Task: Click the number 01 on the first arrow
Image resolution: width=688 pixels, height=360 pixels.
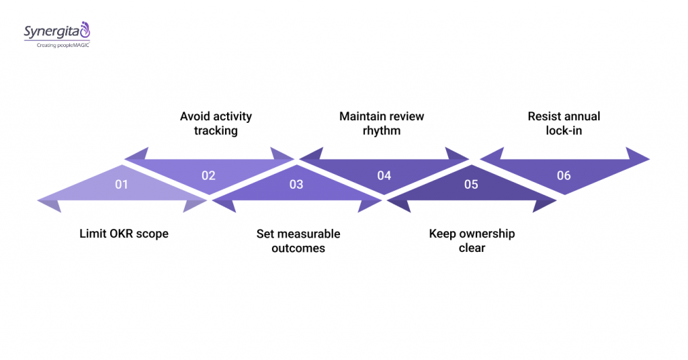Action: click(121, 183)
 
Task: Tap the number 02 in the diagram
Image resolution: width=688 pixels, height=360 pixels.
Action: click(208, 175)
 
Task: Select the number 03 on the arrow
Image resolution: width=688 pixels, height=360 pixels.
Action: click(296, 183)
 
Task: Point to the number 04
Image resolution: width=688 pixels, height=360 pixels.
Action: click(384, 175)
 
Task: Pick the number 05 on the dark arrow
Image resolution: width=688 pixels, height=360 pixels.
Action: click(471, 183)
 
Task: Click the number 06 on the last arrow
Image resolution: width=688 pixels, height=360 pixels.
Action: click(564, 175)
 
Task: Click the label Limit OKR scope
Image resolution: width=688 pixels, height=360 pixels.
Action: click(124, 234)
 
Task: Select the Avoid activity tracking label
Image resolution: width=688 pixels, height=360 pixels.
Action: click(216, 123)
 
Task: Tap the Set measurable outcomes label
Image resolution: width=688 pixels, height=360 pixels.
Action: click(298, 240)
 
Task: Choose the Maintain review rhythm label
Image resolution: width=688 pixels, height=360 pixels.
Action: click(382, 123)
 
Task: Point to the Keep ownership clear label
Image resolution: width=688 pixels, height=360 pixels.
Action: click(472, 240)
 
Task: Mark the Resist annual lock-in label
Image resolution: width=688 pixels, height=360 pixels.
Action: click(564, 123)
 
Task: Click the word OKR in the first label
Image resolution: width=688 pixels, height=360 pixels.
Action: click(121, 234)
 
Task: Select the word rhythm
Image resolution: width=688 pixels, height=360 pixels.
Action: click(382, 130)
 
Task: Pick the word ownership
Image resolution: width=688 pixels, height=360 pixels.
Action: click(486, 234)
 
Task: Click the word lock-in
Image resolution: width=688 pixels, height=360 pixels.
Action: click(564, 130)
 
